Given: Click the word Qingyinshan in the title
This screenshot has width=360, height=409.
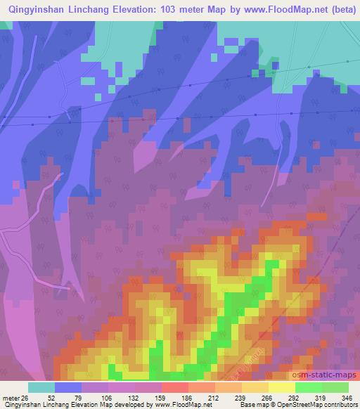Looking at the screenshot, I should coord(36,10).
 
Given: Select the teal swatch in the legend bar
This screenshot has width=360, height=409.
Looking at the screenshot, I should coord(41,387).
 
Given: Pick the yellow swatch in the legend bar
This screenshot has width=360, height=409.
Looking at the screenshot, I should coord(281,387).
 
